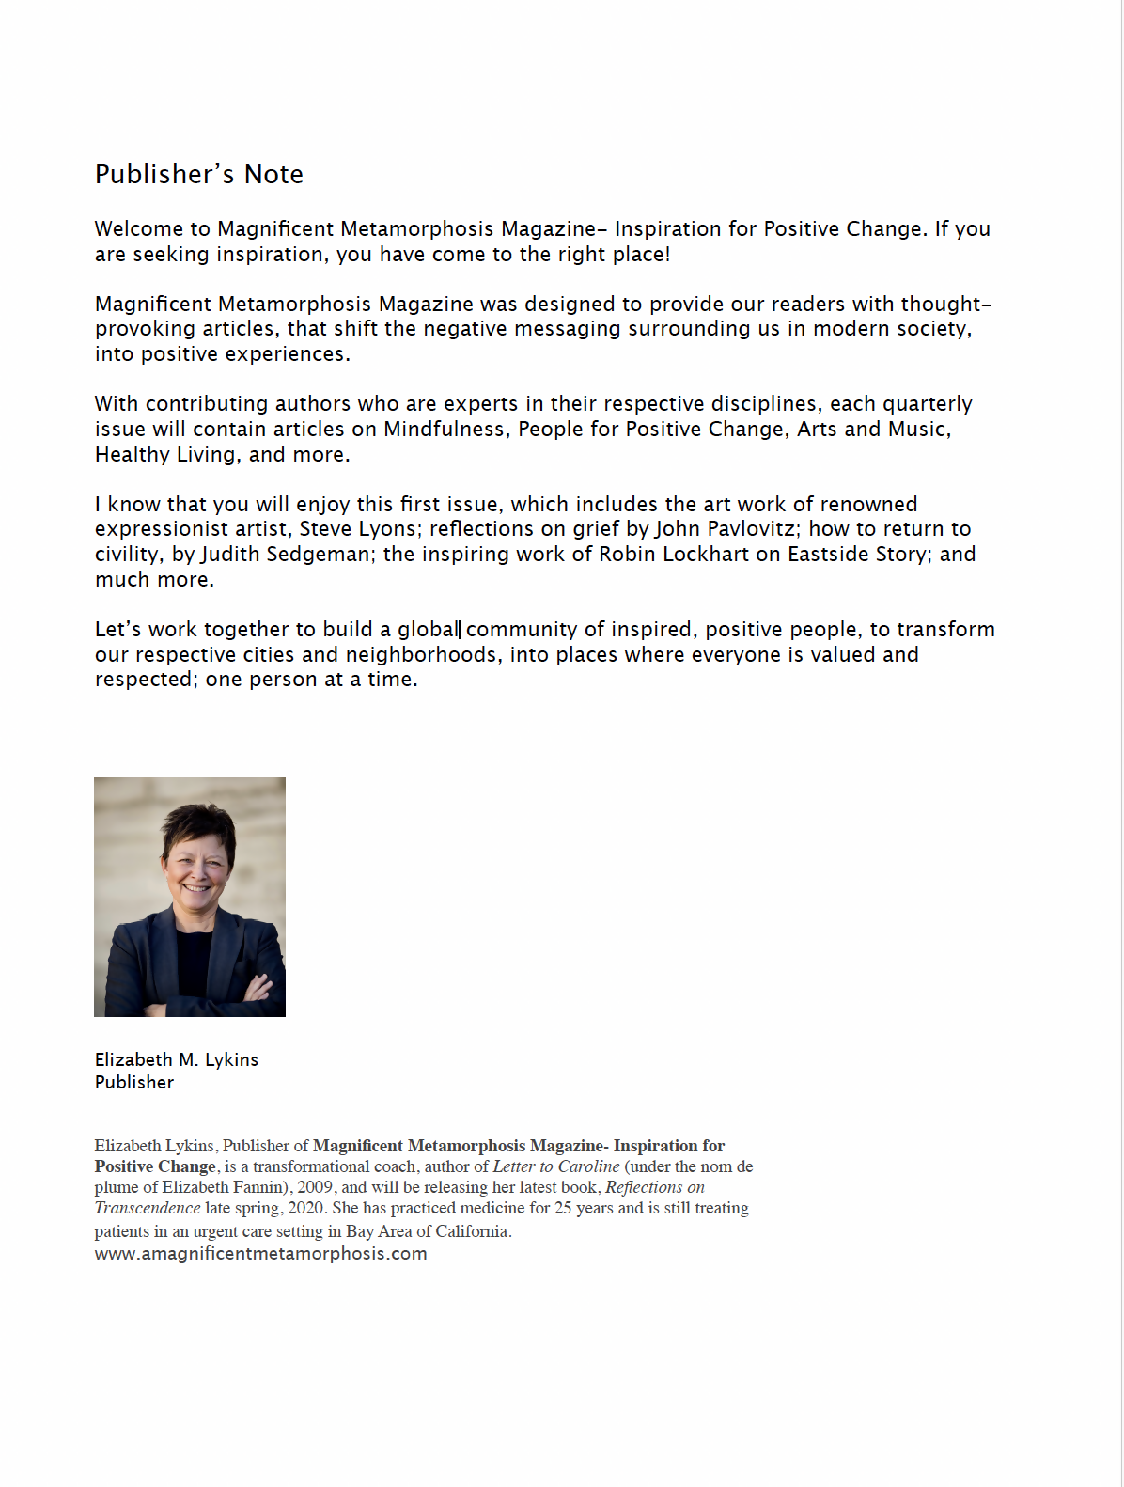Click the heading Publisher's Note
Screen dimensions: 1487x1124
click(198, 175)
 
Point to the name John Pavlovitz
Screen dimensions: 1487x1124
click(725, 529)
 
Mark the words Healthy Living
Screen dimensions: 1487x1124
click(165, 455)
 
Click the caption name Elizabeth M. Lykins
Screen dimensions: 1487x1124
click(176, 1060)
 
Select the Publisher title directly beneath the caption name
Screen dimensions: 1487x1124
click(134, 1083)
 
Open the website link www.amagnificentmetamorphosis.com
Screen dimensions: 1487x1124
click(260, 1254)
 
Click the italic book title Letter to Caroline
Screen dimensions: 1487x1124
click(556, 1166)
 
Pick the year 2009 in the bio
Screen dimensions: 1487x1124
click(316, 1187)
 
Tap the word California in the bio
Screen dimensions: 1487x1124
click(472, 1231)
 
